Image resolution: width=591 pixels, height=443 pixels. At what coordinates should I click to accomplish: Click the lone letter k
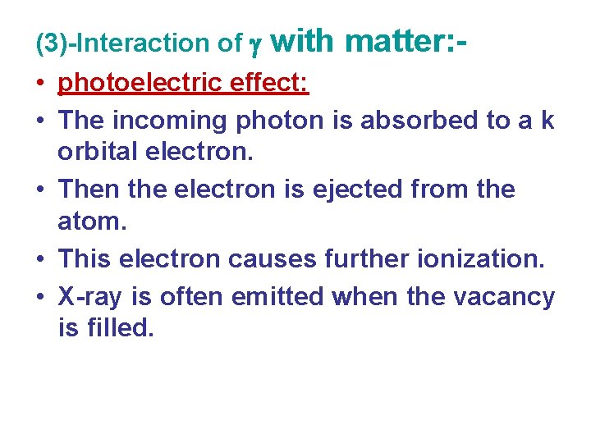click(x=547, y=121)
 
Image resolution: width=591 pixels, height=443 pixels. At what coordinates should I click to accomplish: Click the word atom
click(x=88, y=224)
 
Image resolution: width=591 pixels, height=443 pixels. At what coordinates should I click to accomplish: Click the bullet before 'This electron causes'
click(x=40, y=259)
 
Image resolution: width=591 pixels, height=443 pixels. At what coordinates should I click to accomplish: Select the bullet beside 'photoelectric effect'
click(x=40, y=84)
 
